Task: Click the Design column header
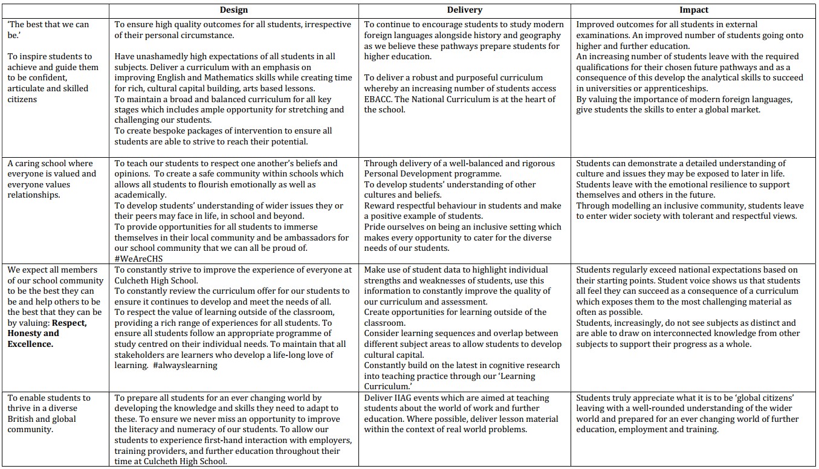(233, 10)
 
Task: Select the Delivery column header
(464, 10)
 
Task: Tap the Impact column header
(693, 10)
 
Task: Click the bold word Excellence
(30, 344)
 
